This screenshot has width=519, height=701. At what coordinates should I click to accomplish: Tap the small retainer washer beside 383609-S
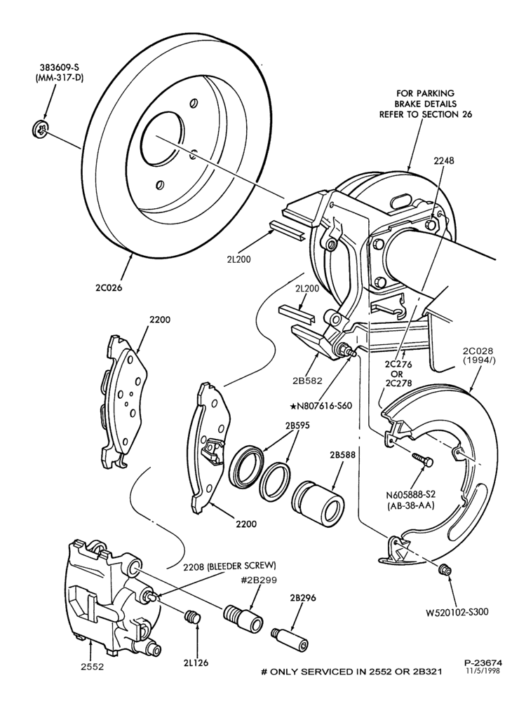point(40,129)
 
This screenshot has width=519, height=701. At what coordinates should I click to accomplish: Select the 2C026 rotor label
point(109,287)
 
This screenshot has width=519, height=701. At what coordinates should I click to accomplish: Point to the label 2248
point(443,161)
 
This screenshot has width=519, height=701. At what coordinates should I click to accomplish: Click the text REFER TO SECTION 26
point(426,114)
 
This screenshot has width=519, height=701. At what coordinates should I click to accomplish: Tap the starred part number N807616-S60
point(321,406)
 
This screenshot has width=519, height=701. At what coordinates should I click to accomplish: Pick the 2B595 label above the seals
point(296,426)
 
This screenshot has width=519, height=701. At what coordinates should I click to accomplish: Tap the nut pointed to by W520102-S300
point(445,569)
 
